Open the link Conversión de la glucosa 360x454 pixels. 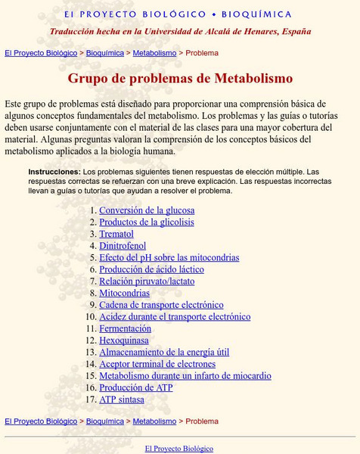147,210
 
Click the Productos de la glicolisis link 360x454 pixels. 147,222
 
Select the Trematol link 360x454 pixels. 116,235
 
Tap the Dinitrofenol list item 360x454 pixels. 123,246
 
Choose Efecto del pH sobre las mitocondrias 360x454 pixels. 169,258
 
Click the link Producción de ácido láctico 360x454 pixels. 151,269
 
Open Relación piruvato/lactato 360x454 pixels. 147,281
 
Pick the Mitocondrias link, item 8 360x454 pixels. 125,293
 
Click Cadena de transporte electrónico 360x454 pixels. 161,305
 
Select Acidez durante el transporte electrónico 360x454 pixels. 175,317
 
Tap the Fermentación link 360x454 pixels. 125,328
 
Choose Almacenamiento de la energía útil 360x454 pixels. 164,352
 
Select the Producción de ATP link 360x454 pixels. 136,387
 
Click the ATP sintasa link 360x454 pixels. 122,400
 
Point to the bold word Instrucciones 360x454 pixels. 54,172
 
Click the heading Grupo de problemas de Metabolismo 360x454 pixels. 180,78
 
